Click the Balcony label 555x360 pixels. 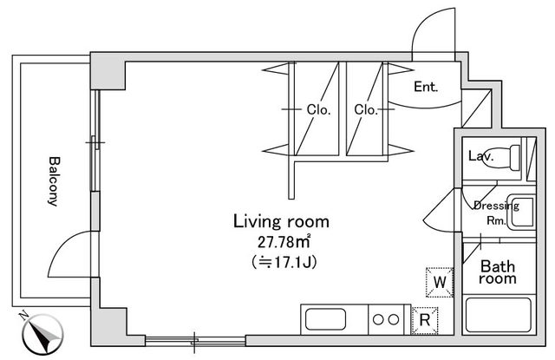53,181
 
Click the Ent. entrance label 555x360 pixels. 425,87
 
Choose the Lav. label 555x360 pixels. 480,157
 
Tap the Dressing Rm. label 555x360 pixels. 495,213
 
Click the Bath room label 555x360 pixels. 499,272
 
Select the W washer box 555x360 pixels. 440,282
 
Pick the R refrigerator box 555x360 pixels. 425,319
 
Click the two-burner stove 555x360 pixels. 386,319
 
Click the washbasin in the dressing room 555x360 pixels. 522,213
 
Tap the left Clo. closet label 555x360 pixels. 316,109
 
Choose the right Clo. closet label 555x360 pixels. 364,109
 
